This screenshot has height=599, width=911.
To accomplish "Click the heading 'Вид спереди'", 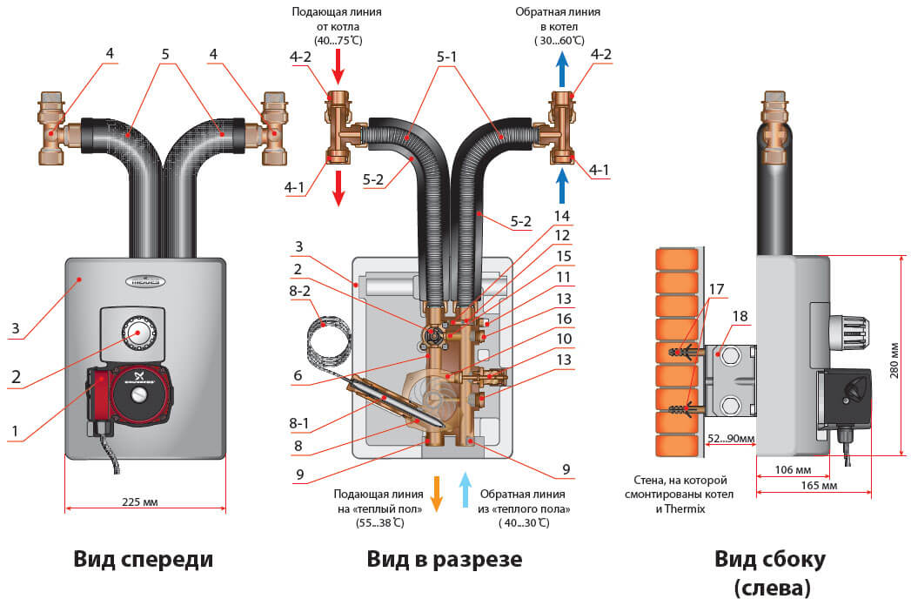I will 144,558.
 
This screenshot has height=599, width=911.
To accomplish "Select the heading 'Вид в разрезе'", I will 444,558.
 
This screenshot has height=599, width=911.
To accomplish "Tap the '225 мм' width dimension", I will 145,501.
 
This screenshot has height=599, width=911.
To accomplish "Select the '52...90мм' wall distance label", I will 728,438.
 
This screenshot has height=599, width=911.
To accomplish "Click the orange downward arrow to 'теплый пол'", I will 437,492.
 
